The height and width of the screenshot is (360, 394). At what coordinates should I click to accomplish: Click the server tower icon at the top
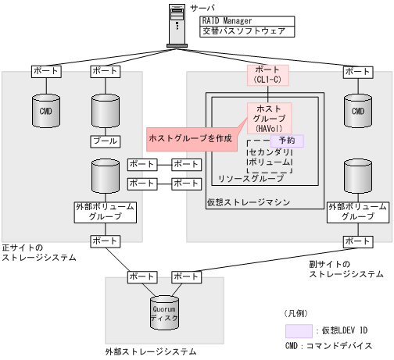coord(179,26)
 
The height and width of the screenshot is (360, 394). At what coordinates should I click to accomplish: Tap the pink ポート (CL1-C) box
coord(269,74)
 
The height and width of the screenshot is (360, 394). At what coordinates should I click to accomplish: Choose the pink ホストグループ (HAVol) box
coord(269,117)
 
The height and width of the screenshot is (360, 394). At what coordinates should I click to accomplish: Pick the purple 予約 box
coord(286,140)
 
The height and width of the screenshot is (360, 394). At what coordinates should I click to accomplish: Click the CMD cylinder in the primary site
coord(44,111)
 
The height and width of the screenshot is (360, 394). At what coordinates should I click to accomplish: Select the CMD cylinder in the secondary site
coord(358,111)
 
